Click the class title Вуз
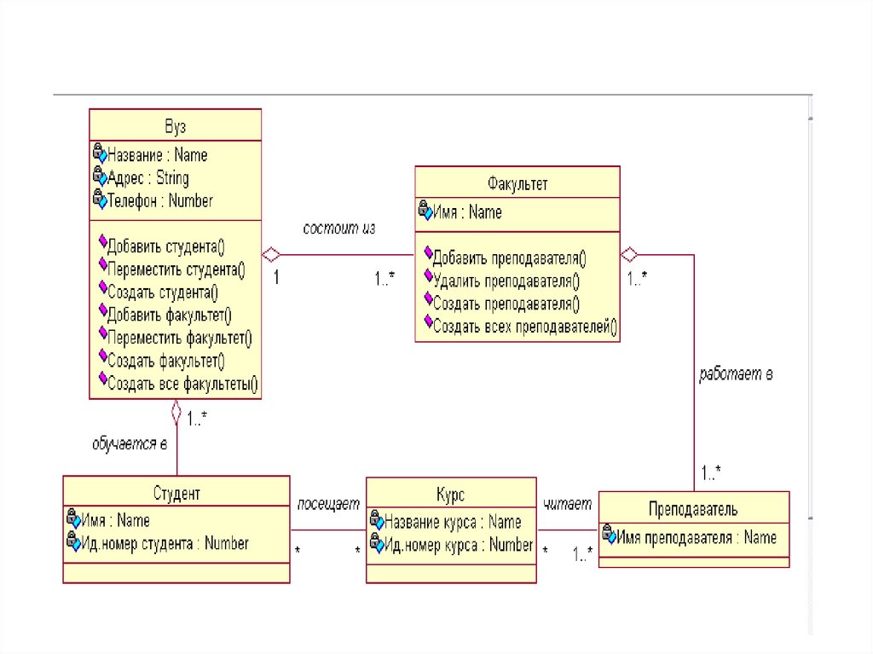pyautogui.click(x=175, y=127)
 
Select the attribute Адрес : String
pyautogui.click(x=147, y=178)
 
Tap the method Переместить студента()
pyautogui.click(x=176, y=270)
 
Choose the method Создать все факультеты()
pyautogui.click(x=182, y=385)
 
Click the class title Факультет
pyautogui.click(x=517, y=184)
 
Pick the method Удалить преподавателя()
pyautogui.click(x=506, y=279)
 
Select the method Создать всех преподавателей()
pyautogui.click(x=525, y=325)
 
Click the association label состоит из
pyautogui.click(x=339, y=229)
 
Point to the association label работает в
pyautogui.click(x=736, y=374)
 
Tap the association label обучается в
pyautogui.click(x=129, y=443)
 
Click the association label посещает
pyautogui.click(x=328, y=504)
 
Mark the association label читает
pyautogui.click(x=568, y=504)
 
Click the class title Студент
pyautogui.click(x=176, y=493)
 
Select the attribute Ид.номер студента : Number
pyautogui.click(x=165, y=542)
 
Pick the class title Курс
pyautogui.click(x=451, y=494)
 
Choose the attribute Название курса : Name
pyautogui.click(x=453, y=521)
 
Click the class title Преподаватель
pyautogui.click(x=693, y=509)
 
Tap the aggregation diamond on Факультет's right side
pyautogui.click(x=629, y=253)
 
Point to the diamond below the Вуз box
pyautogui.click(x=176, y=413)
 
